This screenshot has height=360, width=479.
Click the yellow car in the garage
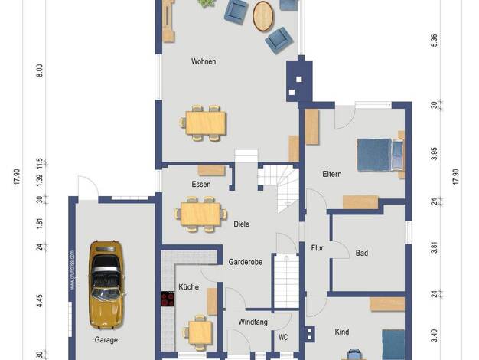pos(106,285)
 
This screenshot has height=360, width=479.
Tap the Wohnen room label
pos(204,61)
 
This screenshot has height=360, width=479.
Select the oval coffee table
pos(263,16)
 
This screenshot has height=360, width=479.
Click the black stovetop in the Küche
pos(168,299)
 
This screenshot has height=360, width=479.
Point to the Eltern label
pos(332,174)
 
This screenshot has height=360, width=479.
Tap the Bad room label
pos(362,253)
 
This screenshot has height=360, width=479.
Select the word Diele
pos(241,224)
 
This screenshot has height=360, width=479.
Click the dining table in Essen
pos(200,214)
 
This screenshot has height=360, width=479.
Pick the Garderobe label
pos(246,262)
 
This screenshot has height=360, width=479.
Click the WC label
pos(283,337)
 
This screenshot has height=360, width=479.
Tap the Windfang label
pos(253,322)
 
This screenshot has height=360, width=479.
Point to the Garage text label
pos(106,340)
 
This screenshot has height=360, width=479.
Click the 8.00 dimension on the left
pos(40,70)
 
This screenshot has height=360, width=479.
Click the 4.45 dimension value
pos(40,301)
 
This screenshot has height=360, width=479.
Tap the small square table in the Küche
pos(200,332)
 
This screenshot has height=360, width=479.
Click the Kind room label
pos(342,332)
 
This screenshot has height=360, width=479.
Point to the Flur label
pos(317,247)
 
